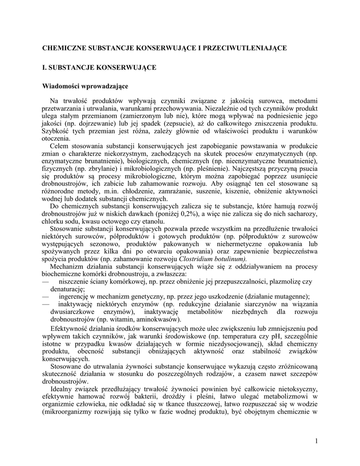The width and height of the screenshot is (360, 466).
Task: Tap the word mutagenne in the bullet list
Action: pyautogui.click(x=289, y=296)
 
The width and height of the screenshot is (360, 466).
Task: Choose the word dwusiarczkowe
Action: pyautogui.click(x=75, y=312)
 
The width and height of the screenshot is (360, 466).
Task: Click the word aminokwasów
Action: pyautogui.click(x=155, y=319)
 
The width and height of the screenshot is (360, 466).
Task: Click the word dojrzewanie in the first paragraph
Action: pyautogui.click(x=87, y=124)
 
